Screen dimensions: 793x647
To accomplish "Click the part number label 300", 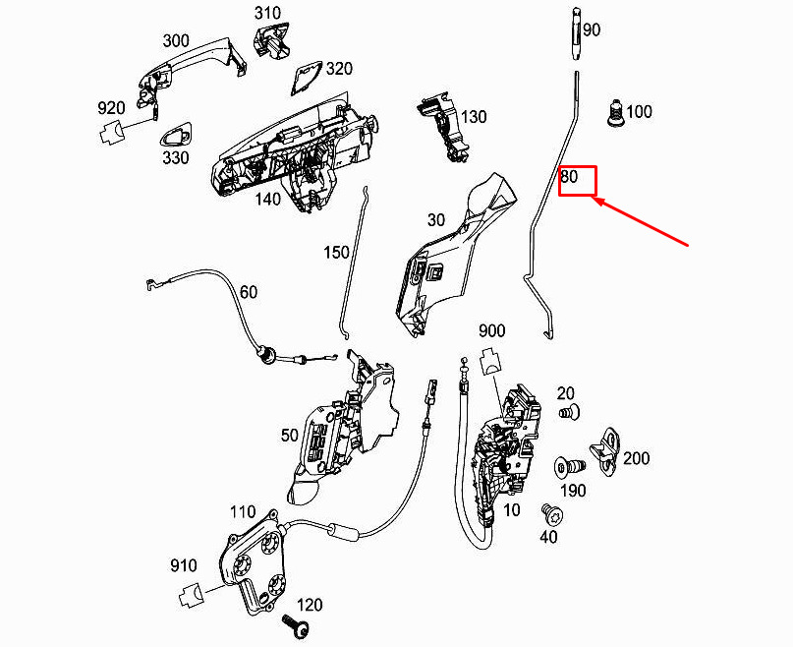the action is tap(176, 41).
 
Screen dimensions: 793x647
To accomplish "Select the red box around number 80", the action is tap(578, 181).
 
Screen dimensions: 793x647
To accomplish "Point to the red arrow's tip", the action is tap(594, 199).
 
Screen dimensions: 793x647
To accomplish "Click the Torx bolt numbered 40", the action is tap(553, 515).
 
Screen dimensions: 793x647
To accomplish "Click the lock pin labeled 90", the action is tap(576, 32).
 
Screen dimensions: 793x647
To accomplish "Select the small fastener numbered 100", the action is tap(614, 113).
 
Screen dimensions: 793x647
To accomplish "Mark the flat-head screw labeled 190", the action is tap(569, 467).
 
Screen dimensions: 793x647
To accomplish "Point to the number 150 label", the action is tap(336, 252).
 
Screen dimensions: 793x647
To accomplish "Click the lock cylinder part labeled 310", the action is tap(272, 38).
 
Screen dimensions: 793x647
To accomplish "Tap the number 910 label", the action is tap(183, 565).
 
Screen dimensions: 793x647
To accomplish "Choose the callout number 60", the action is tap(249, 292).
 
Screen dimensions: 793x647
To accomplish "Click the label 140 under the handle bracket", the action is tap(267, 199).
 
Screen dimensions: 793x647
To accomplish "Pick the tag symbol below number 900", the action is tap(490, 360).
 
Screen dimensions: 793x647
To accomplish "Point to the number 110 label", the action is tap(243, 512).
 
